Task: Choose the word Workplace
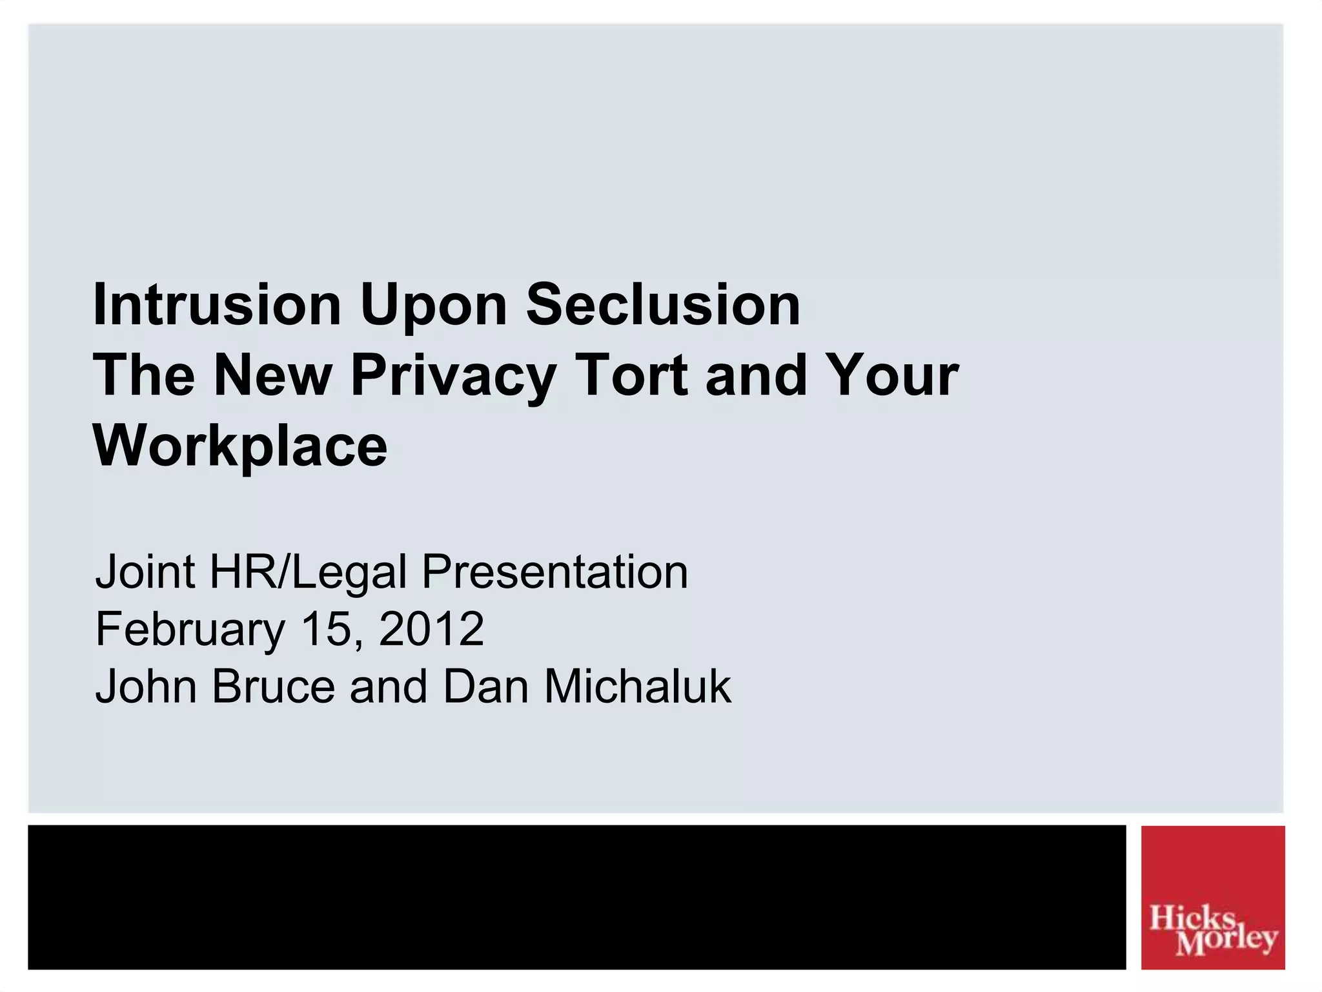pyautogui.click(x=241, y=448)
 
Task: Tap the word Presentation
pyautogui.click(x=554, y=572)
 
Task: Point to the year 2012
pyautogui.click(x=431, y=629)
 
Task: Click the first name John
pyautogui.click(x=146, y=686)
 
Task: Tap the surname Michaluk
pyautogui.click(x=638, y=686)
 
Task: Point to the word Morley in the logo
pyautogui.click(x=1226, y=940)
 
